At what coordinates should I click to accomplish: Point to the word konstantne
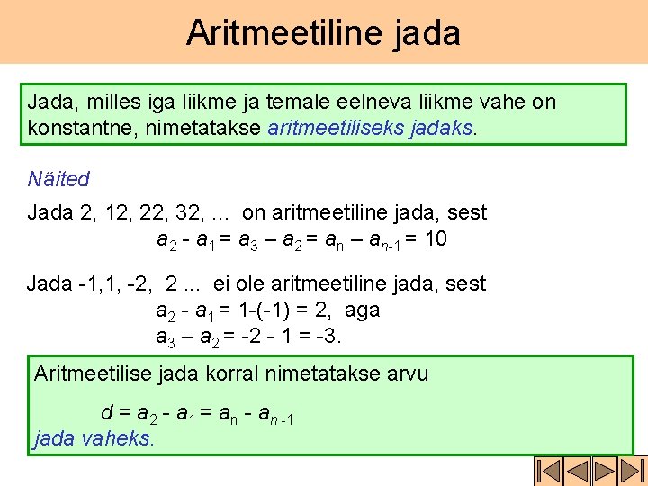click(x=79, y=128)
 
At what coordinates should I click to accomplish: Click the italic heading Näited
click(x=58, y=179)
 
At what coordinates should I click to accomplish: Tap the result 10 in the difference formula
click(x=435, y=239)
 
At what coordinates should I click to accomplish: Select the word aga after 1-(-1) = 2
click(x=362, y=310)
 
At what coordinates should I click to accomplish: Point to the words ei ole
click(x=243, y=284)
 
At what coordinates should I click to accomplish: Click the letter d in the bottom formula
click(x=107, y=413)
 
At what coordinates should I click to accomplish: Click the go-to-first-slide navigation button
click(x=548, y=471)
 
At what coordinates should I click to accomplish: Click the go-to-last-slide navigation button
click(x=634, y=471)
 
